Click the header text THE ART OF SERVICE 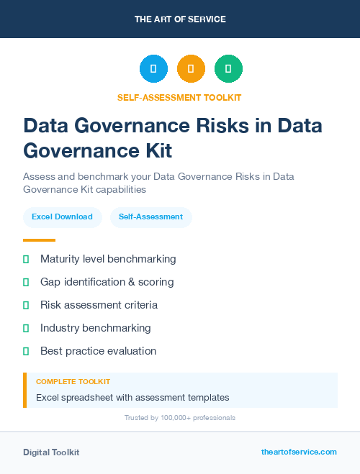pyautogui.click(x=180, y=19)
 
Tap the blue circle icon pyautogui.click(x=153, y=69)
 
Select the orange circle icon pyautogui.click(x=191, y=69)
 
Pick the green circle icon pyautogui.click(x=228, y=69)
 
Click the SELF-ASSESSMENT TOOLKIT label pyautogui.click(x=179, y=97)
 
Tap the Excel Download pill pyautogui.click(x=62, y=217)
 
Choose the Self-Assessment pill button pyautogui.click(x=150, y=217)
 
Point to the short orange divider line pyautogui.click(x=39, y=240)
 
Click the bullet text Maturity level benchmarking pyautogui.click(x=108, y=259)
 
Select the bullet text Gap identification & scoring pyautogui.click(x=107, y=282)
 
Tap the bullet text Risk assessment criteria pyautogui.click(x=99, y=305)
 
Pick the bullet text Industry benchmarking pyautogui.click(x=95, y=328)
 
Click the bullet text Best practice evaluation pyautogui.click(x=98, y=351)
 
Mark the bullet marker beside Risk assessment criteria pyautogui.click(x=26, y=305)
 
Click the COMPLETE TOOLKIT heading pyautogui.click(x=73, y=382)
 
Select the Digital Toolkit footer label pyautogui.click(x=51, y=452)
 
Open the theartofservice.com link pyautogui.click(x=299, y=452)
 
